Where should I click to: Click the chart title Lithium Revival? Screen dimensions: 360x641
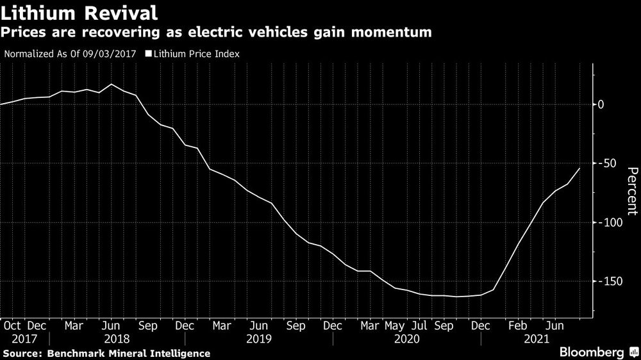pos(79,13)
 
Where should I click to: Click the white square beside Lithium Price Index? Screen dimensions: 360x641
pos(149,54)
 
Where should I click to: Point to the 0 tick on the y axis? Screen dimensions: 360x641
pos(602,104)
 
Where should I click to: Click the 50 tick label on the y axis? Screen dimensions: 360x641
pos(604,163)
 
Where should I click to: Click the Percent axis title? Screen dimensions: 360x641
pos(632,190)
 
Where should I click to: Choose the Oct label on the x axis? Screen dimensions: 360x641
pos(12,325)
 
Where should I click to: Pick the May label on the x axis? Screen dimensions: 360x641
pos(395,325)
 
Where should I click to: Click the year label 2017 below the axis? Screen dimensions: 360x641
pos(24,338)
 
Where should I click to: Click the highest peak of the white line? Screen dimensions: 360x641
pos(112,85)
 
